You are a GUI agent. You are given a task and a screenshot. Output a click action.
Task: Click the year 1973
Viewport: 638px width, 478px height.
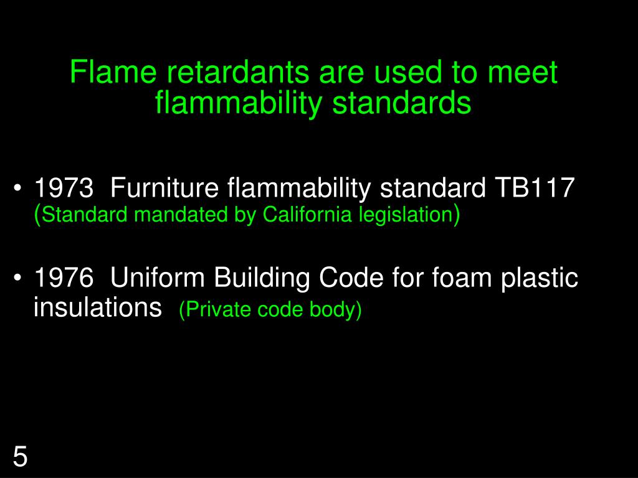click(64, 187)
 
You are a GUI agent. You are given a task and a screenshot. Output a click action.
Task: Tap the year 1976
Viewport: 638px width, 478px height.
click(64, 278)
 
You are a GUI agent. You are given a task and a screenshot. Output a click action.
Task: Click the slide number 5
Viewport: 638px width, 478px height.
click(21, 457)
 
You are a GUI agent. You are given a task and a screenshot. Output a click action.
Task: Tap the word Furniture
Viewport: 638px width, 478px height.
click(164, 187)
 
